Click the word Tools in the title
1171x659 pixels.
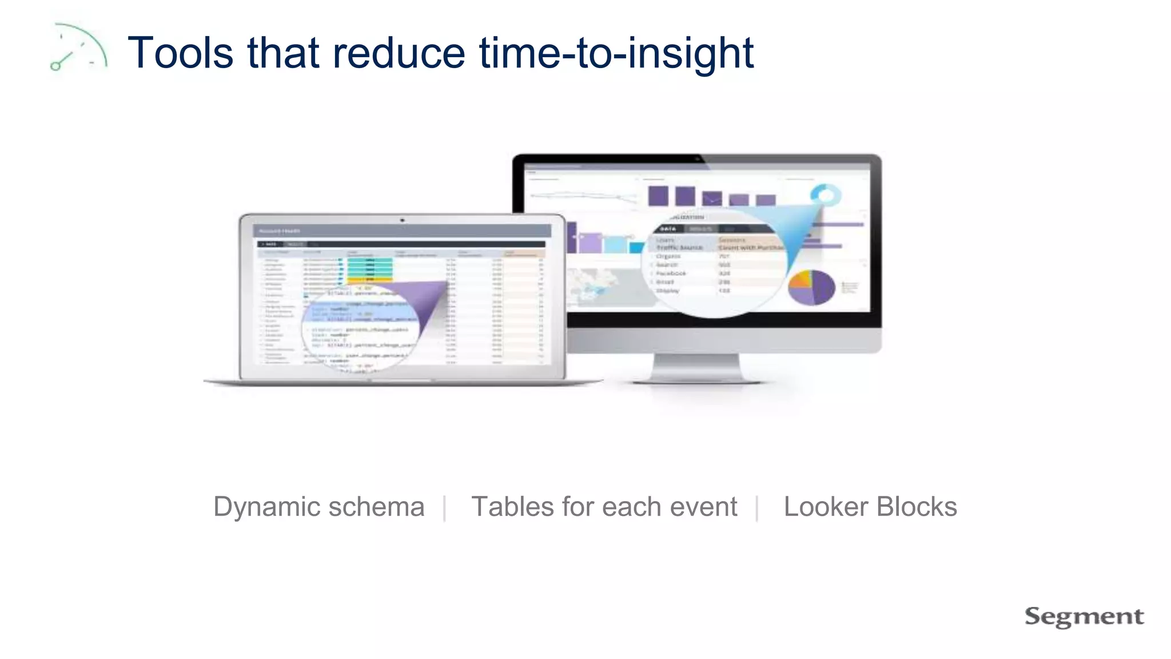180,53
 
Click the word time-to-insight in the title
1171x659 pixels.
616,53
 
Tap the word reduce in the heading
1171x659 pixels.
399,53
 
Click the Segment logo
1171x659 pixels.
1084,617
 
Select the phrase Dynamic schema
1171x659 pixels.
318,507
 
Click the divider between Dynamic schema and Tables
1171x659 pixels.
444,508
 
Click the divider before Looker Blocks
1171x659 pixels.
756,508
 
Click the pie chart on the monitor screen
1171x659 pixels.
811,287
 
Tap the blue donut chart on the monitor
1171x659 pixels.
826,196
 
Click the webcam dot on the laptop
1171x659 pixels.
402,220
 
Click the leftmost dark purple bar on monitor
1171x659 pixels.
658,196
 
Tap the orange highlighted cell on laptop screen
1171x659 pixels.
369,280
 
